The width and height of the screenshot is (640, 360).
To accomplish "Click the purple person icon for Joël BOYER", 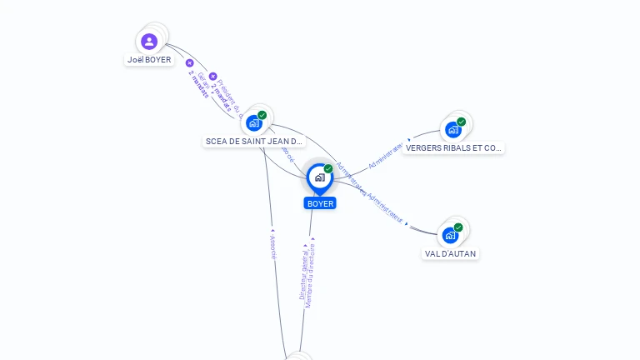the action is point(149,41).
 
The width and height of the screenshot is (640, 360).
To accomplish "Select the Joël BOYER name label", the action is point(149,60).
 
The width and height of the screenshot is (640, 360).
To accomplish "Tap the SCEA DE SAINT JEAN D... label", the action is point(254,142).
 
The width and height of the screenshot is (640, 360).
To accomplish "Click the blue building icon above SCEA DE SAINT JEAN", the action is point(254,123).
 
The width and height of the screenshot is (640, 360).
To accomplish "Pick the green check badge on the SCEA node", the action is point(262,115).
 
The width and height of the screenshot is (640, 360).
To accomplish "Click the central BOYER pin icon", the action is point(319,177).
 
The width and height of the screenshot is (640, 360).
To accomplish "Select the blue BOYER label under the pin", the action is point(320,203).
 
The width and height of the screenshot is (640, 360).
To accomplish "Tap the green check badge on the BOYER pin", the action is point(328,168).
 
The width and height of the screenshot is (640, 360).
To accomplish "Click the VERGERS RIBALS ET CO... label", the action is point(454,148).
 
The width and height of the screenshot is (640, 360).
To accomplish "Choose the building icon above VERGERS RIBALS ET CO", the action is point(452,129).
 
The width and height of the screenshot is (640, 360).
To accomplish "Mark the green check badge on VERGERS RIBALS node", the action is point(462,122).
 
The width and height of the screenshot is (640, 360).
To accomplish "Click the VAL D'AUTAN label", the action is point(451,253).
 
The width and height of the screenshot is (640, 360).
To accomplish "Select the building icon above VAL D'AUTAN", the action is point(450,235).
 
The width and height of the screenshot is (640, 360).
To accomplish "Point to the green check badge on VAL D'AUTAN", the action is point(458,227).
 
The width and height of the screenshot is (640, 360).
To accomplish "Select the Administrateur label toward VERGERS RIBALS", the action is point(386,155).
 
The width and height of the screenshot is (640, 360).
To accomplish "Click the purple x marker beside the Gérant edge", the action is point(189,63).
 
